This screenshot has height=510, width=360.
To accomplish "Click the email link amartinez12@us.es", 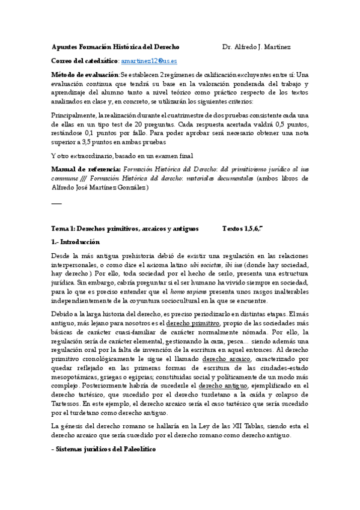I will [148, 61].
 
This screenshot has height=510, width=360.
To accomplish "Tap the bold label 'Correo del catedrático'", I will [84, 61].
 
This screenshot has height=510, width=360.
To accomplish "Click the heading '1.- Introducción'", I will [76, 241].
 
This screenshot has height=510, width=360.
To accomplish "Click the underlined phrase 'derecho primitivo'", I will [193, 323].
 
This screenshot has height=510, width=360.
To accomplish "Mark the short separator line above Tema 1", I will [56, 203].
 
